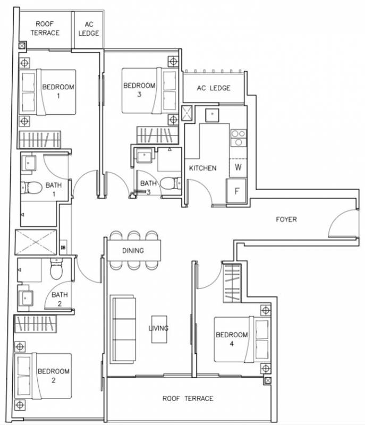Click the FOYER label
[286, 219]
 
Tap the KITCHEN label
[202, 168]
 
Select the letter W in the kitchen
[238, 167]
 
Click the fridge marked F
[236, 191]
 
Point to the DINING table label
[133, 250]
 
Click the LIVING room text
[158, 328]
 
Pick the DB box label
[63, 248]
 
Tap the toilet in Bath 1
[32, 188]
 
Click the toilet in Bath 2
[56, 269]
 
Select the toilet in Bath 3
[171, 183]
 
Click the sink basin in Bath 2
[26, 298]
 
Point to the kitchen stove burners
[239, 138]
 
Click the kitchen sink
[212, 115]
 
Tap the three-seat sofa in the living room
[123, 329]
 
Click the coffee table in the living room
[159, 329]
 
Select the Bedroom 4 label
[232, 339]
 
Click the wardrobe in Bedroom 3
[157, 135]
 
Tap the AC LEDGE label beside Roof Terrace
[89, 29]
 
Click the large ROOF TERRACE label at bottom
[188, 398]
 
